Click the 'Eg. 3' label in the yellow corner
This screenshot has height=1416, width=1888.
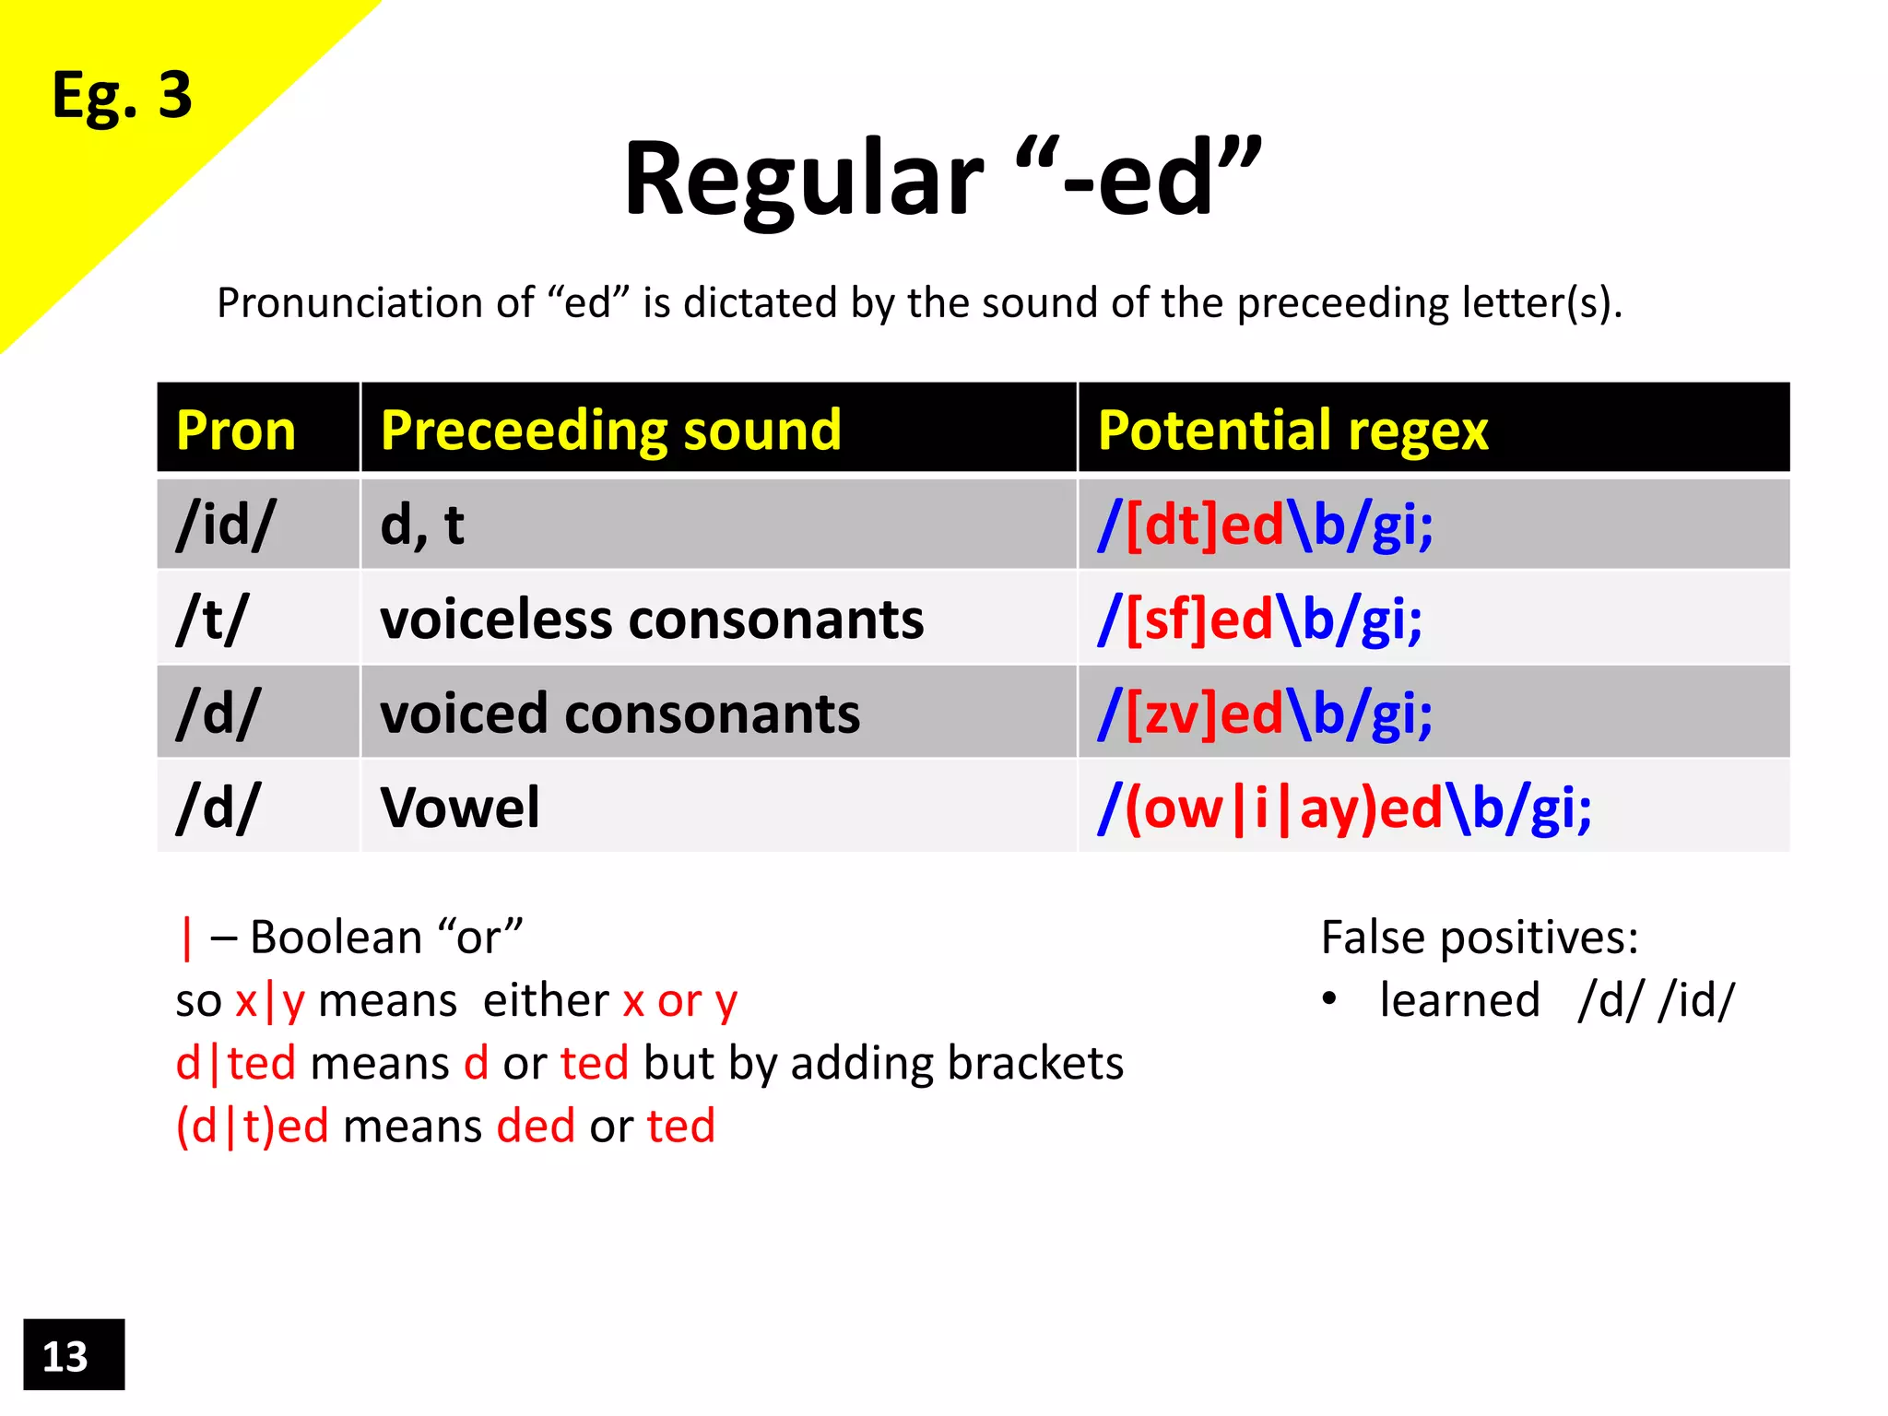pyautogui.click(x=122, y=96)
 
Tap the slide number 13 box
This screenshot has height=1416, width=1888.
pyautogui.click(x=73, y=1355)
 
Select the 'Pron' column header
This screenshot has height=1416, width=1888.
pyautogui.click(x=236, y=430)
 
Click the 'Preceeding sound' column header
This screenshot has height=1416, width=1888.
pyautogui.click(x=610, y=430)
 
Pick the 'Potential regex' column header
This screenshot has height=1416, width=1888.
pyautogui.click(x=1292, y=430)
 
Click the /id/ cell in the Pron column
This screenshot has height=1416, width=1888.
pyautogui.click(x=225, y=525)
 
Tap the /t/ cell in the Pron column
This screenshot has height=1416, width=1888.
pyautogui.click(x=213, y=619)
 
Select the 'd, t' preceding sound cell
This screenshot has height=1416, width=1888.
pyautogui.click(x=422, y=525)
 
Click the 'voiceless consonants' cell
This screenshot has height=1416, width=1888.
pyautogui.click(x=652, y=619)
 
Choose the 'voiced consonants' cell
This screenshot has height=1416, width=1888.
pyautogui.click(x=619, y=714)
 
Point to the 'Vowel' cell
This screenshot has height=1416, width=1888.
pyautogui.click(x=459, y=808)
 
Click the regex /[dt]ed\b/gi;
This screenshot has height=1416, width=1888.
pyautogui.click(x=1265, y=525)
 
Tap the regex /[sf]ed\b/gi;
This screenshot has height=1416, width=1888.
pyautogui.click(x=1259, y=619)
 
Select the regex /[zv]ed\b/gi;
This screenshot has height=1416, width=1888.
pyautogui.click(x=1265, y=714)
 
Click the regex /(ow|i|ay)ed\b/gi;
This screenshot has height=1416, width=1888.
pyautogui.click(x=1344, y=808)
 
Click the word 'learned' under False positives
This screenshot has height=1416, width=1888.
pyautogui.click(x=1459, y=1000)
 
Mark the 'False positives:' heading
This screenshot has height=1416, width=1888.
pyautogui.click(x=1480, y=938)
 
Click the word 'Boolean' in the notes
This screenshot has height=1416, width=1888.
pyautogui.click(x=336, y=938)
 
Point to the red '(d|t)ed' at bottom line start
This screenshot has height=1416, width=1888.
pyautogui.click(x=252, y=1127)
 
